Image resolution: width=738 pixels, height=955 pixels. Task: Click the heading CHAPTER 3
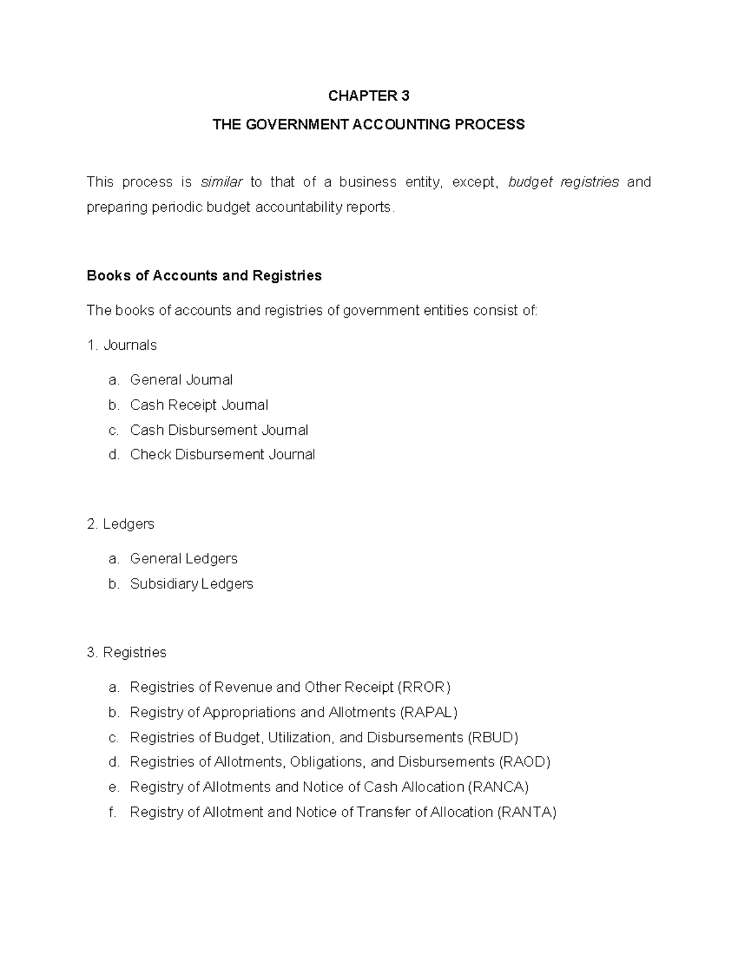coord(368,96)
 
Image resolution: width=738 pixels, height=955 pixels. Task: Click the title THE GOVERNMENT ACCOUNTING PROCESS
coord(368,125)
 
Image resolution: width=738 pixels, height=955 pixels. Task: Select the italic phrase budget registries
coord(563,182)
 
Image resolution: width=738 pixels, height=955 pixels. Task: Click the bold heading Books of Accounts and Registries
coord(204,275)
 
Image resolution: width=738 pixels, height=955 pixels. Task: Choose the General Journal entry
coord(181,380)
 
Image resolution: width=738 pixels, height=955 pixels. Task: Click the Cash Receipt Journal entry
coord(199,405)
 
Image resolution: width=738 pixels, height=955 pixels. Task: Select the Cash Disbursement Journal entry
coord(219,430)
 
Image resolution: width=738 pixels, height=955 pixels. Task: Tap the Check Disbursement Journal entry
coord(222,455)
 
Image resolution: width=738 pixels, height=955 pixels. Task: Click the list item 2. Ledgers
coord(121,524)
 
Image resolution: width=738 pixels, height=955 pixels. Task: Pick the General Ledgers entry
coord(183,559)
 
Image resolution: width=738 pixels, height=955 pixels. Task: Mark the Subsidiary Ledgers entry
coord(191,584)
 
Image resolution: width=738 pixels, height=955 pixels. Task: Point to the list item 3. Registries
coord(127,652)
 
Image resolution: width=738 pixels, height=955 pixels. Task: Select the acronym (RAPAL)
coord(429,713)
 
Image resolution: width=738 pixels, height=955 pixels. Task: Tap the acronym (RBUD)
coord(493,737)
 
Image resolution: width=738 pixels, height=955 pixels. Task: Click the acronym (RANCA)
coord(499,788)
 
